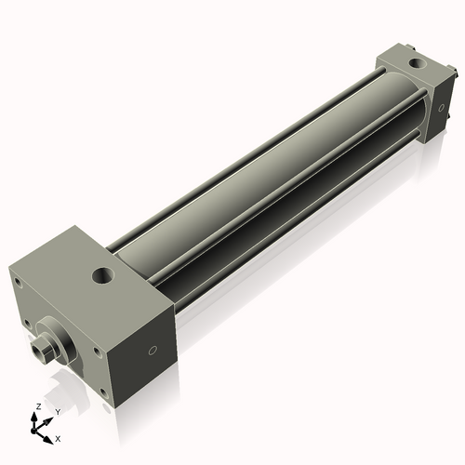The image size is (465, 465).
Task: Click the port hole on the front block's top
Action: point(102,276)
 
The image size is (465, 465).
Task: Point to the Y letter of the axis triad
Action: point(58,411)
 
